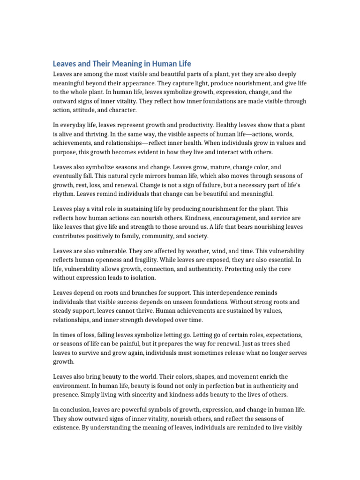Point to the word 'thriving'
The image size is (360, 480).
tap(97, 134)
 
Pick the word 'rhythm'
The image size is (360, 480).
tap(64, 193)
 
